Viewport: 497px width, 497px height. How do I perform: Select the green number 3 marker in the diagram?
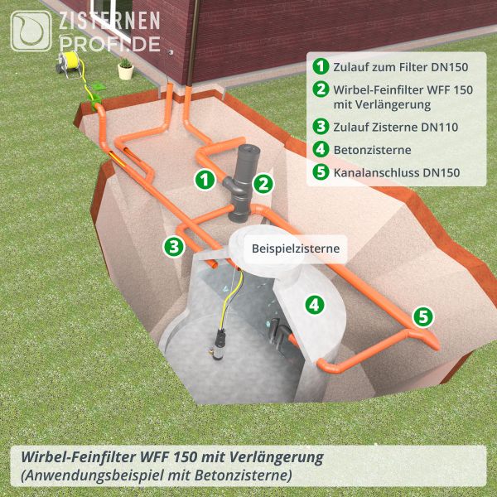pos(173,245)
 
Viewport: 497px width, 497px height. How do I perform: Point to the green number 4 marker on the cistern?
pos(314,305)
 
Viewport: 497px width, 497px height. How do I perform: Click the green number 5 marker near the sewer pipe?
pos(422,316)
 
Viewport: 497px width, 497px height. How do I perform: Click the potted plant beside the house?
pos(125,68)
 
